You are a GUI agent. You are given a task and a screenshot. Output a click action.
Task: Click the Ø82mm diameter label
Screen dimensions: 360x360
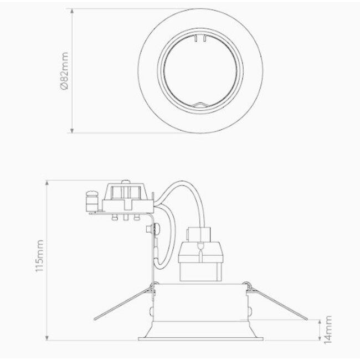pos(65,71)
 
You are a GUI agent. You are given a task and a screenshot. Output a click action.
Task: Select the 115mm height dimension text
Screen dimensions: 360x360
pos(38,260)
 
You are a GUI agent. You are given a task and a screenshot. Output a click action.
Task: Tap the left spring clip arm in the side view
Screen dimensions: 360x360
pos(123,301)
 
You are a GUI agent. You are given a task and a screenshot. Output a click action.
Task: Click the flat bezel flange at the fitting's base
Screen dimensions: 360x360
pos(200,335)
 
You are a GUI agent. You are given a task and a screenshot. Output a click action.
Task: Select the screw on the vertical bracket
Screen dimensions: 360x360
pos(159,227)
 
